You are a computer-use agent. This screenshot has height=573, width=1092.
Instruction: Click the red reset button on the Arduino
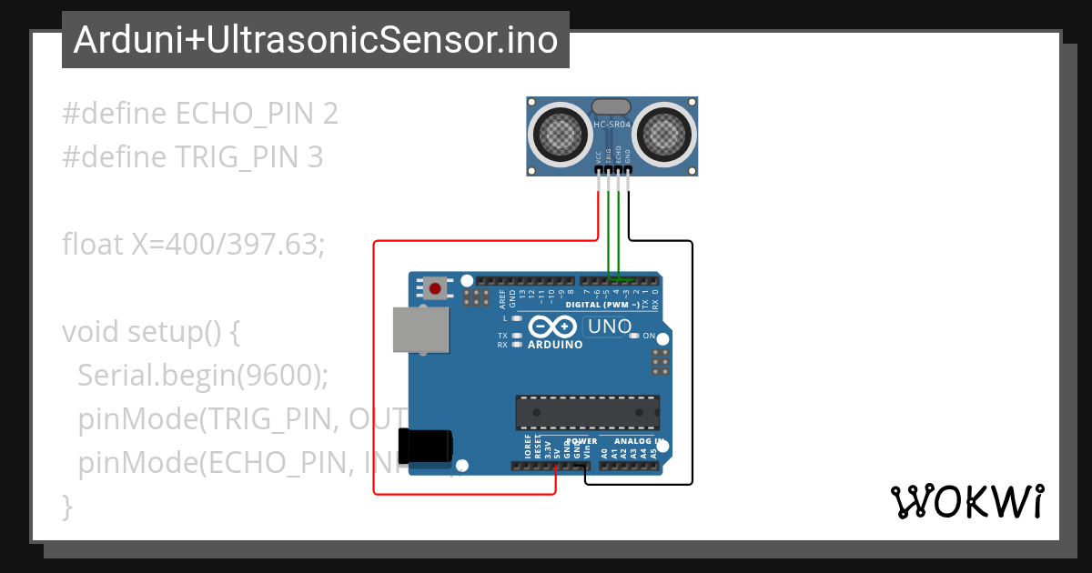click(435, 289)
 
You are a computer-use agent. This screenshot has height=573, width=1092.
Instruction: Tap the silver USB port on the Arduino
click(420, 329)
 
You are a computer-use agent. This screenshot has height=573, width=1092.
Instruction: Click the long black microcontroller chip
click(587, 412)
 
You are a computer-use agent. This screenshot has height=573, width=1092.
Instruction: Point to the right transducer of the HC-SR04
click(664, 135)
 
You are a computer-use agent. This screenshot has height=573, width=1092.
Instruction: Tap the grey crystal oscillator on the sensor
click(612, 107)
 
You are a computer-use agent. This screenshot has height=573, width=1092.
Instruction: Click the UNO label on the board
click(610, 326)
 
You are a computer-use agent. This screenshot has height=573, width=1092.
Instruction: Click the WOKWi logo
click(966, 501)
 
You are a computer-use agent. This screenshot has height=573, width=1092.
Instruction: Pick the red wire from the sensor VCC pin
click(374, 364)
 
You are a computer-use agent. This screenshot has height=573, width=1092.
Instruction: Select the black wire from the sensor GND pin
click(693, 364)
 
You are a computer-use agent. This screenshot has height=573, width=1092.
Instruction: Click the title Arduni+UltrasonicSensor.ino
click(315, 39)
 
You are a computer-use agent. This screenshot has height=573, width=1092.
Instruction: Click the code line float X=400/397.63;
click(193, 244)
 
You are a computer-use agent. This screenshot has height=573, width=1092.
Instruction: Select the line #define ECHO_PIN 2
click(200, 114)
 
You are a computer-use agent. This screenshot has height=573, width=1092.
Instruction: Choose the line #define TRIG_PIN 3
click(193, 157)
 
